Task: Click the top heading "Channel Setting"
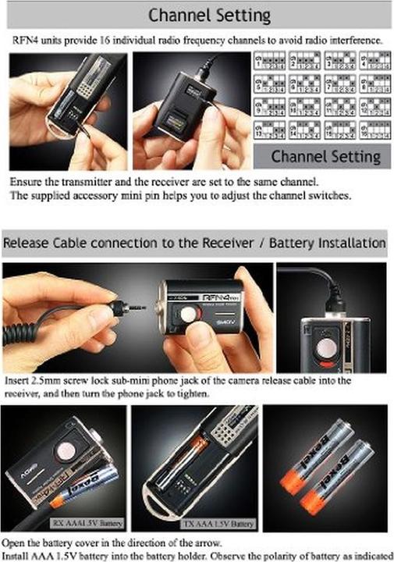pyautogui.click(x=209, y=15)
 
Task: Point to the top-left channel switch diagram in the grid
pyautogui.click(x=270, y=62)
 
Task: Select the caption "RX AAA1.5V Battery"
pyautogui.click(x=87, y=523)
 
